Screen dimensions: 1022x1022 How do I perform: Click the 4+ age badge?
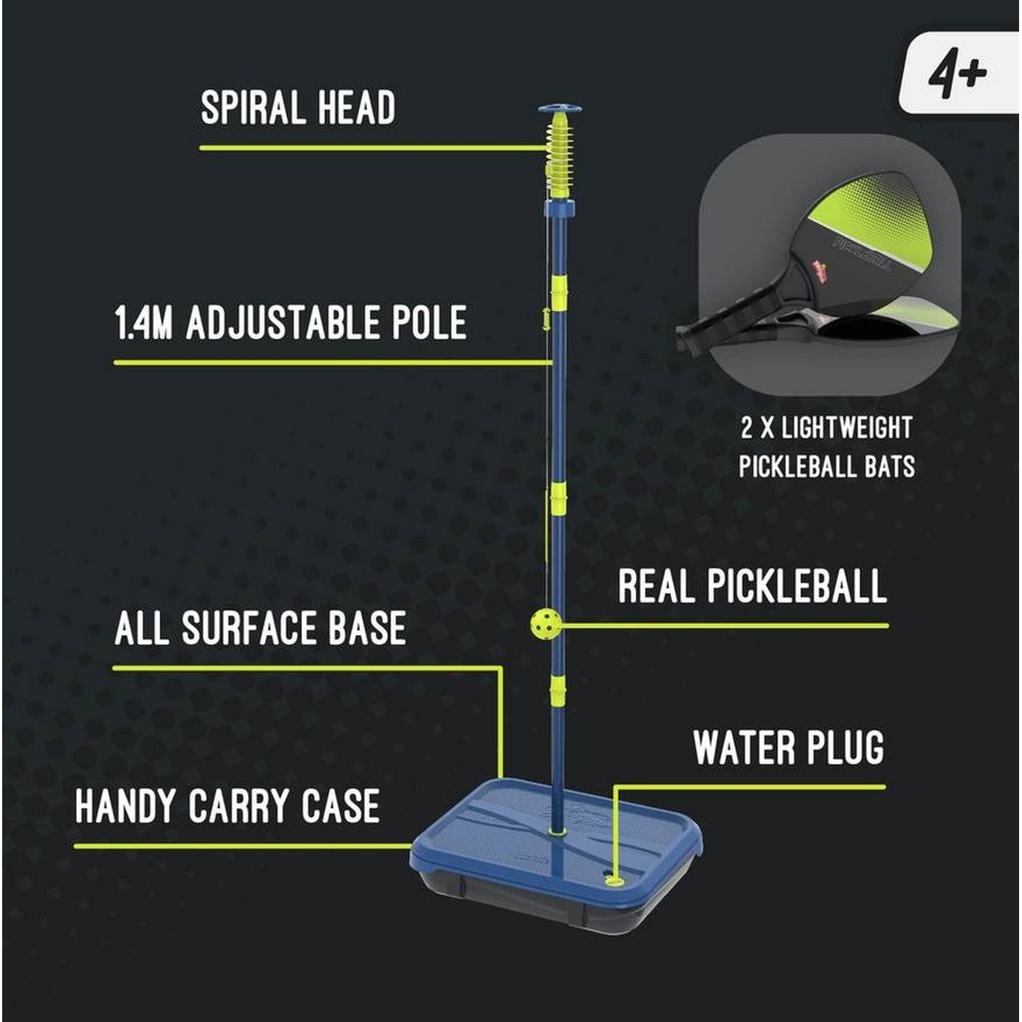(x=958, y=73)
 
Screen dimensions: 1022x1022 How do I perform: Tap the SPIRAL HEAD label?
(x=298, y=107)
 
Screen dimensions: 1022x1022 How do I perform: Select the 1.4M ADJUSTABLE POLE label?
(x=291, y=322)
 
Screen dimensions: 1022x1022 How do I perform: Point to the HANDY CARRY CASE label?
(x=228, y=805)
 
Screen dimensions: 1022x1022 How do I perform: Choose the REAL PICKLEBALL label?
(x=753, y=586)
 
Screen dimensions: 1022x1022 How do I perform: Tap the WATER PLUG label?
(x=788, y=747)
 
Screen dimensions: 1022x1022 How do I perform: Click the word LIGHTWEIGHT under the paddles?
(x=847, y=428)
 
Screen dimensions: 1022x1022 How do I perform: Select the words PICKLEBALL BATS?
(x=827, y=466)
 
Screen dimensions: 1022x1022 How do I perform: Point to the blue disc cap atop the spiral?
(x=560, y=109)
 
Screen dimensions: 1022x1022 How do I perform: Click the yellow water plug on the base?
(x=615, y=880)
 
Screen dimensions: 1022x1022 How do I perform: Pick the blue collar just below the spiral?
(x=559, y=209)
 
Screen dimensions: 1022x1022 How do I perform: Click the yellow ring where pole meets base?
(x=556, y=831)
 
